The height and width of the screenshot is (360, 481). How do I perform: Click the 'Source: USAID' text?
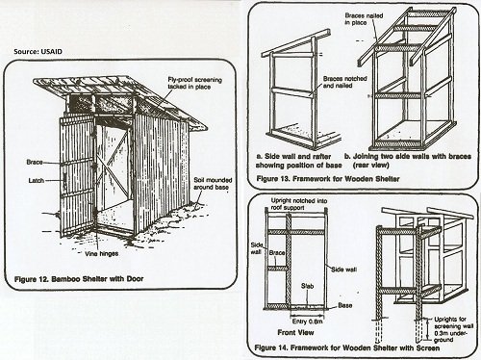click(38, 52)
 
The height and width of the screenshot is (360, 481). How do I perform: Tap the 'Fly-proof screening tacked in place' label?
click(194, 83)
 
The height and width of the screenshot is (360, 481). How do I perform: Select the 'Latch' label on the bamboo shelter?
click(37, 181)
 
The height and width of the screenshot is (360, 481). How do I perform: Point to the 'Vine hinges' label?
click(101, 254)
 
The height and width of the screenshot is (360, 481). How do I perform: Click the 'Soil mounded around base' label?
click(213, 184)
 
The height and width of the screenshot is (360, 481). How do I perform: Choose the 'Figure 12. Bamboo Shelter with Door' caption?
click(79, 279)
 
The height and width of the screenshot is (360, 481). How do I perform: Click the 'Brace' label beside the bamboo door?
click(35, 163)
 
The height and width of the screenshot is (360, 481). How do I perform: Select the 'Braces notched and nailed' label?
click(344, 82)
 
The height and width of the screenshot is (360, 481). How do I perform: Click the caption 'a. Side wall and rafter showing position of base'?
click(298, 161)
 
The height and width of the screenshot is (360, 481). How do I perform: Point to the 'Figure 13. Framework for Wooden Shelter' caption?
click(328, 179)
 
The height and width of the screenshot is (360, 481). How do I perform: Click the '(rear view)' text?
click(371, 166)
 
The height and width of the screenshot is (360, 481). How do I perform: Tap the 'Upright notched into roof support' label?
click(299, 204)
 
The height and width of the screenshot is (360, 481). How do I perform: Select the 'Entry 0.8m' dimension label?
click(307, 321)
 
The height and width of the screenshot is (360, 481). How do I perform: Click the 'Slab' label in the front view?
click(307, 286)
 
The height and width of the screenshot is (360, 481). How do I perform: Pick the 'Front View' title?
click(295, 333)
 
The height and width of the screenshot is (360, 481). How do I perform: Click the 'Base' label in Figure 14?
click(345, 305)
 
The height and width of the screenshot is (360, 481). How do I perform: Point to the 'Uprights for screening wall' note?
click(450, 322)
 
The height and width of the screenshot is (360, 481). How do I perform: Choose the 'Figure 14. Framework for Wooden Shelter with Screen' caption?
click(347, 347)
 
